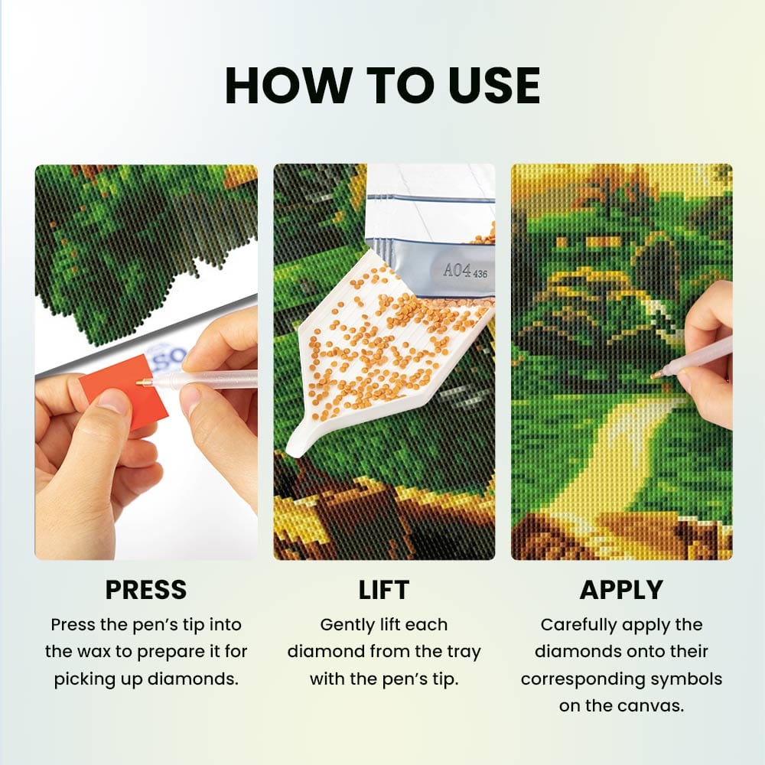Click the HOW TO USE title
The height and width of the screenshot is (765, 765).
382,86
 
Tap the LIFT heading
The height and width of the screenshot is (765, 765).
384,590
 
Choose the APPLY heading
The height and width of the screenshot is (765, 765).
621,590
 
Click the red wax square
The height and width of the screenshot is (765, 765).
125,390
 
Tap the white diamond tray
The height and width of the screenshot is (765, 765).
386,351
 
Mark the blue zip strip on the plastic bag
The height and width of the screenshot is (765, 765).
430,197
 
